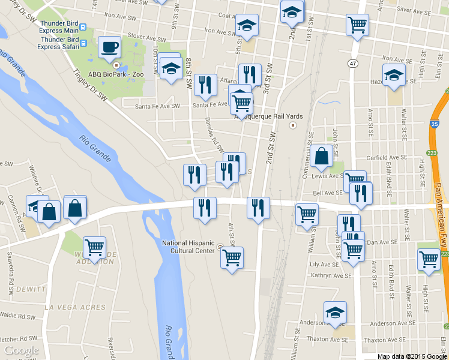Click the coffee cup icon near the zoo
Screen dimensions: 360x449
point(109,47)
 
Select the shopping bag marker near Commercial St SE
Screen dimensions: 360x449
point(322,155)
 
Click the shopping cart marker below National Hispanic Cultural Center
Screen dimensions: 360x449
point(232,258)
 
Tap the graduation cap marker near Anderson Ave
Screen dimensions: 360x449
point(335,311)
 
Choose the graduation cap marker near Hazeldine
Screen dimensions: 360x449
point(394,74)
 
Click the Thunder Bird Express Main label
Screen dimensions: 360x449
point(58,27)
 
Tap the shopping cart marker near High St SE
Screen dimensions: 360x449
point(429,260)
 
